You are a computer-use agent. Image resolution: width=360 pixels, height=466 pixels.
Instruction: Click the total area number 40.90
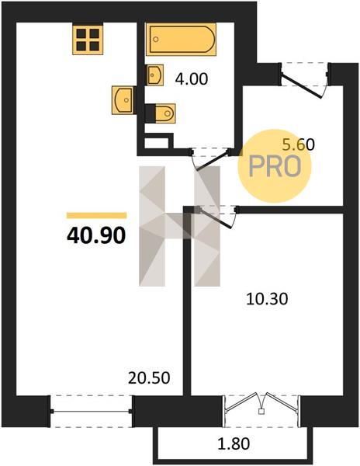coord(96,235)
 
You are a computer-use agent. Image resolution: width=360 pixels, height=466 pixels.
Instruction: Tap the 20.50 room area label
coord(149,378)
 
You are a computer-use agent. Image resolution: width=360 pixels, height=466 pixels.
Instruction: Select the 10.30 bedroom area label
coord(267,299)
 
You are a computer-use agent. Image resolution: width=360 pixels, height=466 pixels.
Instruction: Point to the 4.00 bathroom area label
coord(192,79)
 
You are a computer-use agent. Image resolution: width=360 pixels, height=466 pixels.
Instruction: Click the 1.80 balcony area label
coord(234,443)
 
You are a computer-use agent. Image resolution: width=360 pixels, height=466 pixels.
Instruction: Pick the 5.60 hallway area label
coord(298,144)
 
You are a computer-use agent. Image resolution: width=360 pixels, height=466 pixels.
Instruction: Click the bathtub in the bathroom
coord(181,40)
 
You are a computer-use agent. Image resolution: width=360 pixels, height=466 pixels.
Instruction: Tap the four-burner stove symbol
coord(88,40)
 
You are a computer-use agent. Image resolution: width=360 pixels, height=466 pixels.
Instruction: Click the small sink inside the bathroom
coord(155,75)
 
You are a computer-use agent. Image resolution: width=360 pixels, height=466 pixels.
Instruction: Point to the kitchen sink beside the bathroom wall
coord(123,100)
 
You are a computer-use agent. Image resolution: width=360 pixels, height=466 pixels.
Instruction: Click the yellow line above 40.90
coord(96,215)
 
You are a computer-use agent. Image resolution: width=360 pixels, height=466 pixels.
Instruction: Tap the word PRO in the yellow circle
coord(275,166)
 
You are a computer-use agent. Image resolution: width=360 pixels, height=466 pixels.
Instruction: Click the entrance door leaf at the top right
coord(302,86)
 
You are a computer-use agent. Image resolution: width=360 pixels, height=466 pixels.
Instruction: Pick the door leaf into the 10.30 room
coord(216,219)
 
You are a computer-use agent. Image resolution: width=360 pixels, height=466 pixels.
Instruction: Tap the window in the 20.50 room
coord(91,412)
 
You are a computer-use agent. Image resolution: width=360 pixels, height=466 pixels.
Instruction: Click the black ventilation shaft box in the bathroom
coord(159,141)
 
